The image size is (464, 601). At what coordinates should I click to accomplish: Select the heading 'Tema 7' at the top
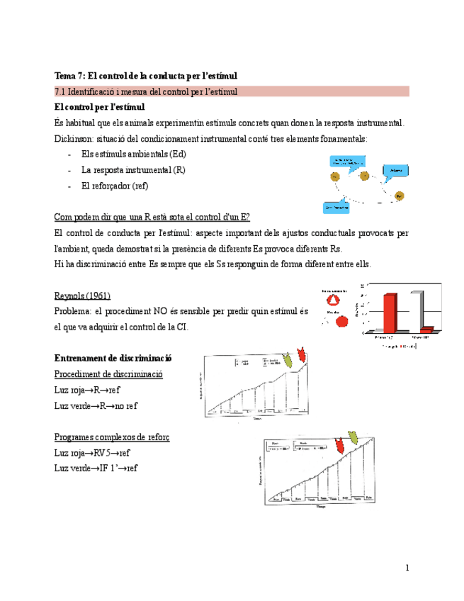click(x=145, y=75)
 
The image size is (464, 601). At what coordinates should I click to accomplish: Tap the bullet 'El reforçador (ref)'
click(x=115, y=186)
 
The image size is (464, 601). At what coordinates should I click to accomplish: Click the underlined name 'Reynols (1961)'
click(x=82, y=295)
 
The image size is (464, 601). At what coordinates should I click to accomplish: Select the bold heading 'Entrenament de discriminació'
click(x=113, y=359)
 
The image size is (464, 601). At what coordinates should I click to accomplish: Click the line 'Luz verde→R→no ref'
click(x=96, y=405)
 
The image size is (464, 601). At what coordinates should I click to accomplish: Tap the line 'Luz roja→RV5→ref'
click(x=92, y=452)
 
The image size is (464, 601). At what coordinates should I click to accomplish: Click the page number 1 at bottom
click(x=408, y=568)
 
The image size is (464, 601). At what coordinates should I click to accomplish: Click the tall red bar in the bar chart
click(x=390, y=312)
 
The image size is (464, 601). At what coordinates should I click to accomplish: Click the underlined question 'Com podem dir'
click(x=152, y=217)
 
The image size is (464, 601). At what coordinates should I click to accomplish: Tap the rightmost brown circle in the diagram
click(x=399, y=196)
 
